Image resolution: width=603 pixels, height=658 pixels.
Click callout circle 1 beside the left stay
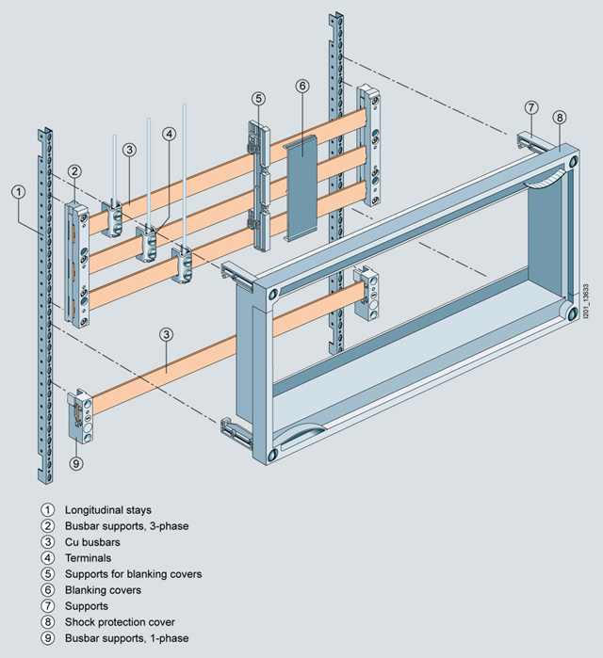click(18, 191)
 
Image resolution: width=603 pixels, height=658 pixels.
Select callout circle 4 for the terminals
click(169, 134)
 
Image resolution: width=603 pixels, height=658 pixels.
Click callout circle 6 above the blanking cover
click(302, 87)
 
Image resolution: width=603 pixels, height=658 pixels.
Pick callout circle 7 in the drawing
click(531, 106)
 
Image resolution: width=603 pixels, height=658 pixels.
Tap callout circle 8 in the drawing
click(560, 118)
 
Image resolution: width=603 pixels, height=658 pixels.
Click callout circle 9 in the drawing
click(76, 462)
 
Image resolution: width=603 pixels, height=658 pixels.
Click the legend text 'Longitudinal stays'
click(108, 509)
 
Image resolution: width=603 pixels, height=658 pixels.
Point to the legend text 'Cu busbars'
click(92, 541)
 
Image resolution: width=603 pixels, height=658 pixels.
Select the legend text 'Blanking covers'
click(103, 589)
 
